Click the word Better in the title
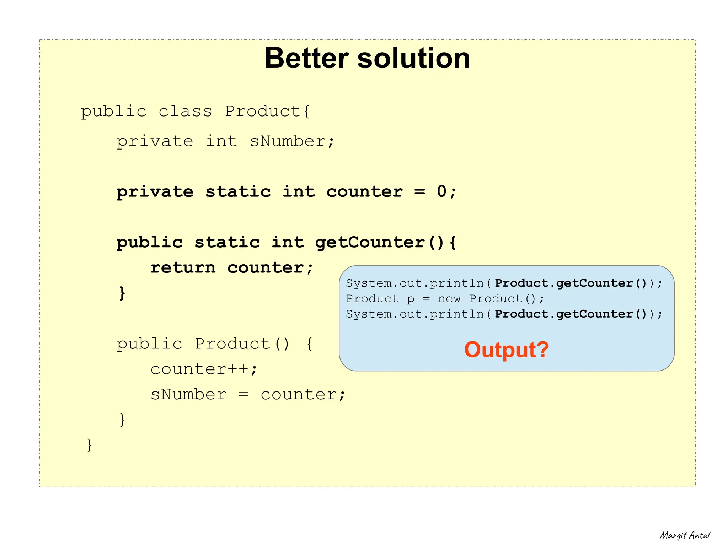click(x=306, y=58)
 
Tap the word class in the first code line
click(x=185, y=112)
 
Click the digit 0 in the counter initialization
click(x=441, y=191)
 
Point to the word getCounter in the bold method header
click(x=370, y=242)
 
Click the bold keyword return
click(x=183, y=267)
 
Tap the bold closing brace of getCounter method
click(x=122, y=293)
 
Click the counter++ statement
click(x=203, y=369)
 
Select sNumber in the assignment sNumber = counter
click(x=188, y=394)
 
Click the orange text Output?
click(x=507, y=350)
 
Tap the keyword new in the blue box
click(x=449, y=299)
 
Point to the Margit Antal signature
click(x=685, y=535)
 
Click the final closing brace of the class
click(x=89, y=445)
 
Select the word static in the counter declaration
click(x=238, y=191)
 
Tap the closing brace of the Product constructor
click(x=122, y=420)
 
